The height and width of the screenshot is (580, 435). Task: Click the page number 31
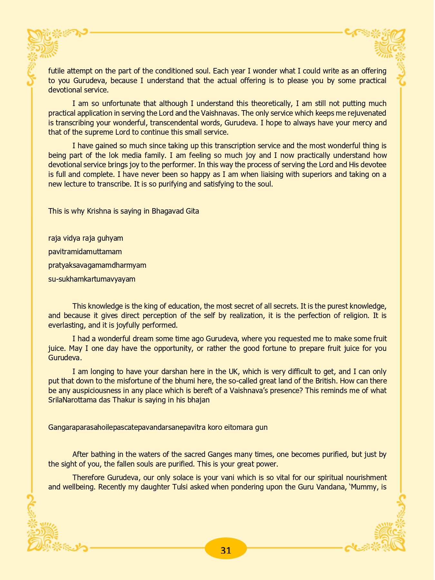point(226,550)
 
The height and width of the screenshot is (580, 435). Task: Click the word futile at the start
point(57,71)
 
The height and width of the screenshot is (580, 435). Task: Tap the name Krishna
point(99,211)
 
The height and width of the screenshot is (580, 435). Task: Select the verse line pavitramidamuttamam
point(85,252)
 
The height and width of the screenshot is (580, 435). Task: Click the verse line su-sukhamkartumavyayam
point(92,279)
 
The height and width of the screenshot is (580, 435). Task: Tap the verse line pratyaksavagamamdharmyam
point(97,265)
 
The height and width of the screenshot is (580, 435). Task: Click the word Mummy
point(365,487)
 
